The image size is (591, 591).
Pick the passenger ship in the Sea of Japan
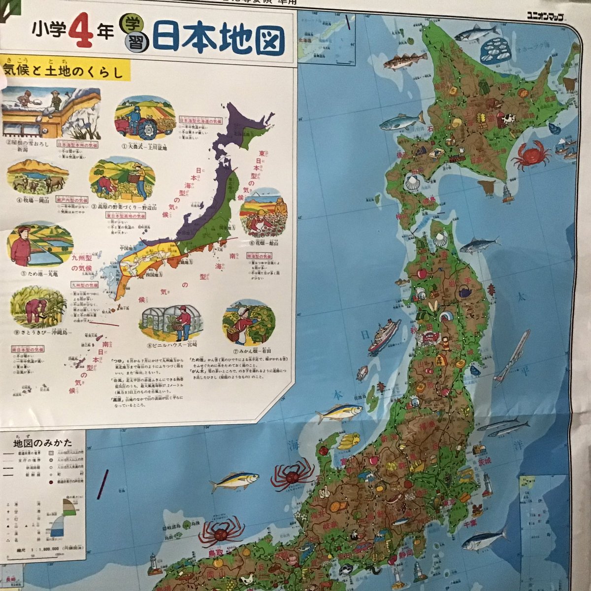(x=384, y=335)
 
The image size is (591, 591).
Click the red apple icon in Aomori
(x=422, y=273)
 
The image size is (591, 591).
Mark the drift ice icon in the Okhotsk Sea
(x=495, y=51)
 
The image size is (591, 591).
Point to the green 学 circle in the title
(x=133, y=25)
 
